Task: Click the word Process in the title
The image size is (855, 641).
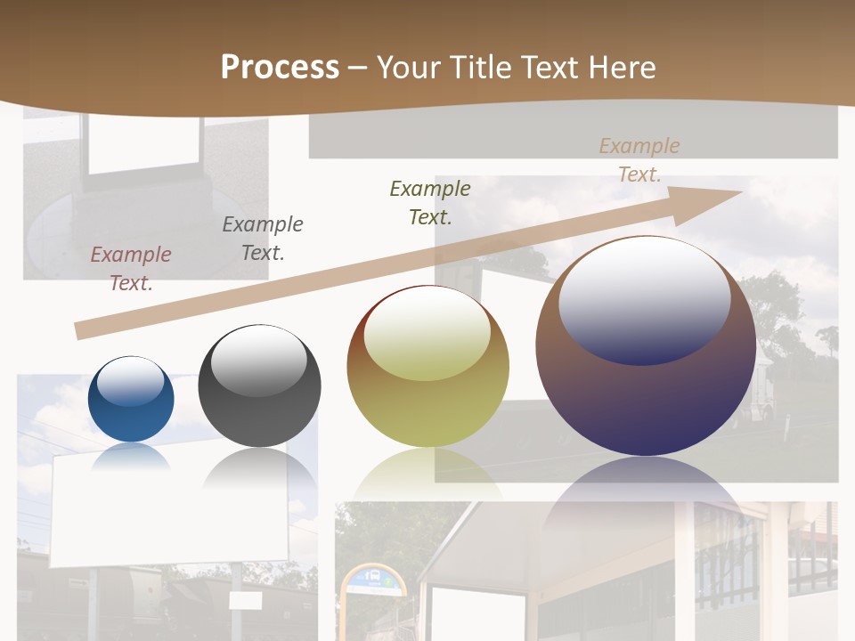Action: (280, 68)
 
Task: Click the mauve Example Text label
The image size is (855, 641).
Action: (131, 268)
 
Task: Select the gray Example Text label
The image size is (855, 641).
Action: (263, 238)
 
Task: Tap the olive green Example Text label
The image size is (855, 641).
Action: (430, 202)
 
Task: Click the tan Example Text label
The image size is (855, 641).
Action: (639, 159)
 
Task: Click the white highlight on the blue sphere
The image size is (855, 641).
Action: (130, 381)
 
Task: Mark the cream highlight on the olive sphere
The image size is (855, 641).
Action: (427, 333)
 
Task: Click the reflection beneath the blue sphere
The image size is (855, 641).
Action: (131, 457)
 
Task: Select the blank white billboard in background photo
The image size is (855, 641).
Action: (169, 510)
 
